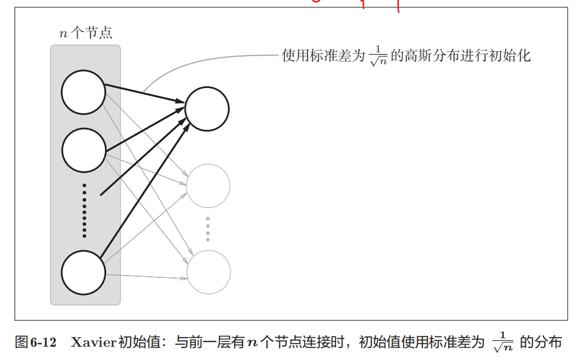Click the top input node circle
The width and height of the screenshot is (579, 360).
click(x=83, y=92)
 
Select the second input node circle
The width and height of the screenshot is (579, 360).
click(x=84, y=150)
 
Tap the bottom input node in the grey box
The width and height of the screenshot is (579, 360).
click(x=84, y=273)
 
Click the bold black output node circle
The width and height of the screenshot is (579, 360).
click(x=207, y=109)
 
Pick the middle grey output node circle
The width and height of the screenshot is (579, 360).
click(x=208, y=186)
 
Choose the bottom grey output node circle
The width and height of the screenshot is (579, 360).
click(x=209, y=273)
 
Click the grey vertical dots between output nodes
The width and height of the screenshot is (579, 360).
click(x=208, y=229)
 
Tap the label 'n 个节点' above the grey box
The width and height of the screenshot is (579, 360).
click(x=85, y=33)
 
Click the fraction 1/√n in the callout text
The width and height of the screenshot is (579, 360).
click(x=377, y=57)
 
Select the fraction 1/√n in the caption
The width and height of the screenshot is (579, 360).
click(x=502, y=343)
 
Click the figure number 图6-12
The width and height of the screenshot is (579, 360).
click(x=36, y=343)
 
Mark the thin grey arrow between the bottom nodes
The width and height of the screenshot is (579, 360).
click(x=145, y=277)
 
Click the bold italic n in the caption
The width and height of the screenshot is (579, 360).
click(x=253, y=343)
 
